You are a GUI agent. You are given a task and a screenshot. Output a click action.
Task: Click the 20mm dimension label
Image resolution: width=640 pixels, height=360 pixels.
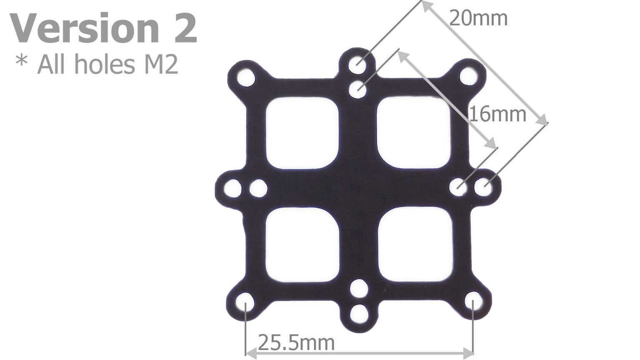478,19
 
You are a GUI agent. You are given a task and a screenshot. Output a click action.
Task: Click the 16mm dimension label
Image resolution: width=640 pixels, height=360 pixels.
497,114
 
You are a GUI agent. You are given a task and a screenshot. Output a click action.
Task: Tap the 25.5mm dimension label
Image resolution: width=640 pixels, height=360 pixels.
296,343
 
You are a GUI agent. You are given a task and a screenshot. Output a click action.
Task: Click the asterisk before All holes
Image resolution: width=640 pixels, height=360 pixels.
21,62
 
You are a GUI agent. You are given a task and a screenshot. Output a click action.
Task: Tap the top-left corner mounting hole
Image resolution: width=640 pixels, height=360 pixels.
246,77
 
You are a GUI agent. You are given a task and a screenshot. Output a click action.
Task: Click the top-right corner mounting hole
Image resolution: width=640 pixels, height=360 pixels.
469,77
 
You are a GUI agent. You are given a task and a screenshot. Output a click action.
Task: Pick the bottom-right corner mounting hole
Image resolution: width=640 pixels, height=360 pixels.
473,301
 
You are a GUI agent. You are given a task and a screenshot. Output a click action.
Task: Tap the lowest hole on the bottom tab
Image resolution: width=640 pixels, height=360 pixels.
359,314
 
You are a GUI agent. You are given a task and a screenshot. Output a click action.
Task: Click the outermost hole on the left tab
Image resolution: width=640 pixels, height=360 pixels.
232,189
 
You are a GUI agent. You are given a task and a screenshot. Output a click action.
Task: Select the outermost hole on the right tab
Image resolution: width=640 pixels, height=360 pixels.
483,187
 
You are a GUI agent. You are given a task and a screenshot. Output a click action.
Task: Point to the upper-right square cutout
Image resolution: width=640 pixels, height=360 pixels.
413,132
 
